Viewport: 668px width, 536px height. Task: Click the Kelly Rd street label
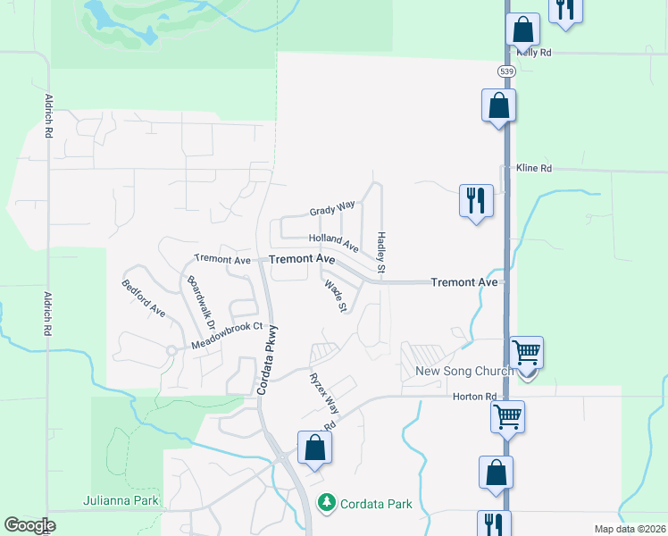pyautogui.click(x=534, y=53)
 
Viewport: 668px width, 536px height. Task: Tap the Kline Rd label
pyautogui.click(x=534, y=168)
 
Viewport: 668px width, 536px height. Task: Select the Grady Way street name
pyautogui.click(x=332, y=210)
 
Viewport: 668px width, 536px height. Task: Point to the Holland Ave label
pyautogui.click(x=333, y=241)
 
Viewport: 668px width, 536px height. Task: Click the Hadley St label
pyautogui.click(x=381, y=253)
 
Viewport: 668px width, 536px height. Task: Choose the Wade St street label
pyautogui.click(x=336, y=296)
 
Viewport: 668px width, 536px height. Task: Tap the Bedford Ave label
pyautogui.click(x=144, y=298)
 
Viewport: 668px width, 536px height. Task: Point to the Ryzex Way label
pyautogui.click(x=324, y=391)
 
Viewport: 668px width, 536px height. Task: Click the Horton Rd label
pyautogui.click(x=473, y=396)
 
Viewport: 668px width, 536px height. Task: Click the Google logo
pyautogui.click(x=29, y=525)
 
